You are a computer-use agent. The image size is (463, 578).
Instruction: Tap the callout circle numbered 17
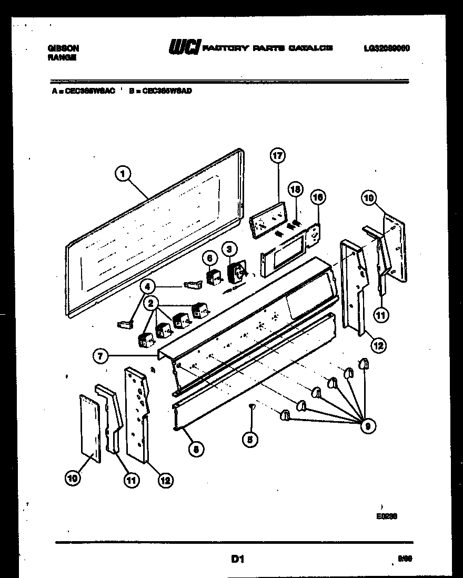pyautogui.click(x=277, y=156)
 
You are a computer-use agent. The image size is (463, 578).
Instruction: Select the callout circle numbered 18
pyautogui.click(x=296, y=190)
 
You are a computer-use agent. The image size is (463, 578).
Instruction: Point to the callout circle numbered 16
pyautogui.click(x=318, y=197)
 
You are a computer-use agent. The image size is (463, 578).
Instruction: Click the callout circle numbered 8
pyautogui.click(x=196, y=448)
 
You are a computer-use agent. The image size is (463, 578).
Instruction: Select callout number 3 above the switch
pyautogui.click(x=228, y=249)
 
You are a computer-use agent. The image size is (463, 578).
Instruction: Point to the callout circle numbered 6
pyautogui.click(x=209, y=258)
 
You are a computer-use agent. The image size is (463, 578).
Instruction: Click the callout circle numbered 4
pyautogui.click(x=148, y=287)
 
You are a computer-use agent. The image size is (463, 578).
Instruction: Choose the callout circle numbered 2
pyautogui.click(x=152, y=303)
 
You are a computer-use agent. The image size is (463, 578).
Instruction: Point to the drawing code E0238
pyautogui.click(x=386, y=516)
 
